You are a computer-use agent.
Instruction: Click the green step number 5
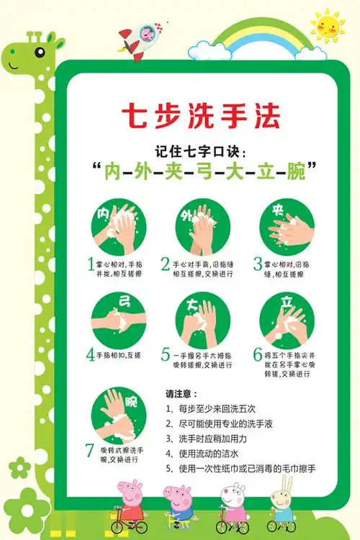point(166,354)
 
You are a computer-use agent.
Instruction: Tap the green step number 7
point(90,451)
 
